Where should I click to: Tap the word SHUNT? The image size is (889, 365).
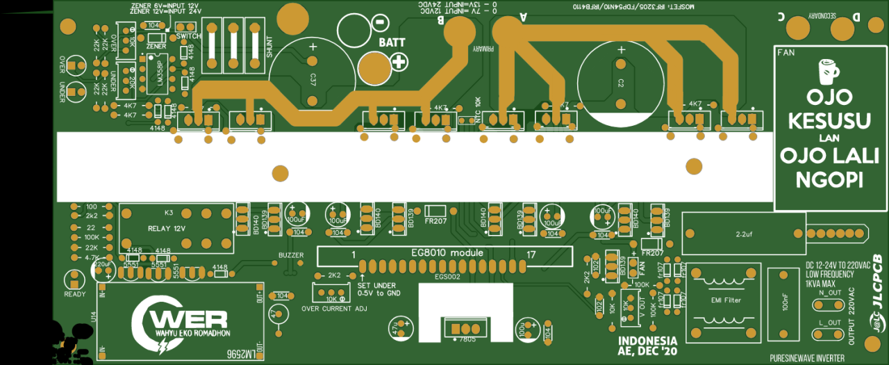pyautogui.click(x=269, y=47)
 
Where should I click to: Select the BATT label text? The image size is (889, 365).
pyautogui.click(x=392, y=42)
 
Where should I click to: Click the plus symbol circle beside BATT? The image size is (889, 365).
pyautogui.click(x=399, y=62)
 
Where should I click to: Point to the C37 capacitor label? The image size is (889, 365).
pyautogui.click(x=313, y=80)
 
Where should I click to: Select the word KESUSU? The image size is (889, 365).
pyautogui.click(x=829, y=121)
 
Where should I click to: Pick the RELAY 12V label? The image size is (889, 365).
pyautogui.click(x=167, y=227)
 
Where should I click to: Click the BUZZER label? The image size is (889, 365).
pyautogui.click(x=291, y=255)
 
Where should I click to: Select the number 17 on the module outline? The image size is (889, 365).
pyautogui.click(x=531, y=254)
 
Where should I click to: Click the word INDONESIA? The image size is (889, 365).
pyautogui.click(x=647, y=341)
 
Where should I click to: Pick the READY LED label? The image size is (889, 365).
pyautogui.click(x=74, y=294)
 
